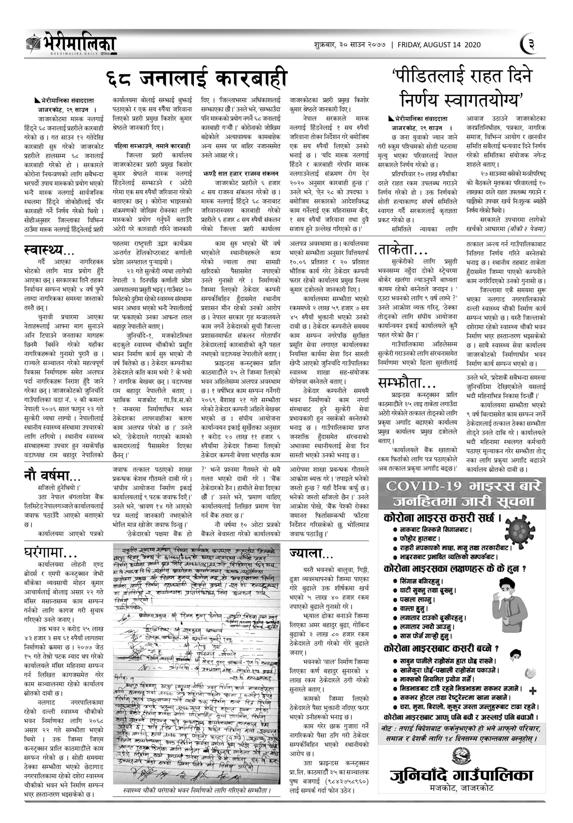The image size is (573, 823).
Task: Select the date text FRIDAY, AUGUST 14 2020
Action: point(439,45)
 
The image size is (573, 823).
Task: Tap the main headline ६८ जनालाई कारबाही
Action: point(197,79)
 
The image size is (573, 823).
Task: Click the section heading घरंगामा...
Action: point(49,554)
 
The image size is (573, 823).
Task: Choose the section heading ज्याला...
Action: point(311,554)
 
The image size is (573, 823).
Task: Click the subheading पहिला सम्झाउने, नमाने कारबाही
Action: point(153,146)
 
